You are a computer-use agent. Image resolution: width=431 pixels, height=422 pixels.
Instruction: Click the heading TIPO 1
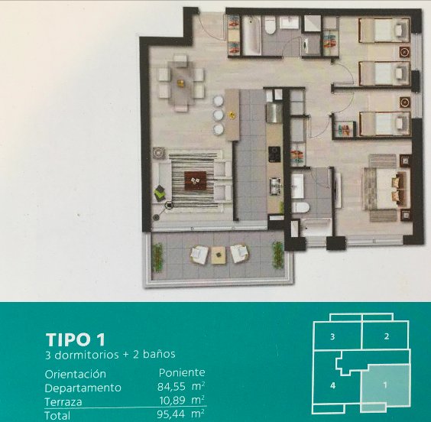pos(76,339)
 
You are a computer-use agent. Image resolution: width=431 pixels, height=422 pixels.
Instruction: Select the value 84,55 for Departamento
pos(170,387)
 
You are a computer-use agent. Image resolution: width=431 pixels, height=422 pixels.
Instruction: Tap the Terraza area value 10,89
pos(173,401)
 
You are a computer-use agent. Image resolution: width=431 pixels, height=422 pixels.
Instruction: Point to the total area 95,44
pos(170,414)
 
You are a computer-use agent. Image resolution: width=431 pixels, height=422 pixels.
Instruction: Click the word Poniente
pos(182,372)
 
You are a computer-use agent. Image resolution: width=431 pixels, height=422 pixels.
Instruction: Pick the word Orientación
pos(76,374)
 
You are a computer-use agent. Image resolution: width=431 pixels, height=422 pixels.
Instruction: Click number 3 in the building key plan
pos(332,336)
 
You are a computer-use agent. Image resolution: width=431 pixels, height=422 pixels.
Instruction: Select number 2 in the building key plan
pos(387,336)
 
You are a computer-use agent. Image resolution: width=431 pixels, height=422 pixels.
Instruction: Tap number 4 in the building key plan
pos(332,385)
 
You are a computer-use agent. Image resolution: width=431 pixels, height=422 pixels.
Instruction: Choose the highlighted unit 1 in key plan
pos(385,385)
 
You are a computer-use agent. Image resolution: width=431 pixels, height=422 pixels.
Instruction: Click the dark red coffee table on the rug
pos(195,180)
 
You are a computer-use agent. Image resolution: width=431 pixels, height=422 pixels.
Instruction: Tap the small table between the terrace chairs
pos(219,255)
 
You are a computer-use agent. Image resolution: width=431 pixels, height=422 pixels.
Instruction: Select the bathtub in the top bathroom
pos(251,34)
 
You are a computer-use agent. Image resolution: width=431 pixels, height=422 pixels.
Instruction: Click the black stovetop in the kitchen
pos(274,154)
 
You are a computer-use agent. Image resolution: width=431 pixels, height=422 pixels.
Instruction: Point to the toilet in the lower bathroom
pos(301,207)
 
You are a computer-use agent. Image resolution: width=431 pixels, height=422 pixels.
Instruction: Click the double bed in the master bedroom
pos(387,188)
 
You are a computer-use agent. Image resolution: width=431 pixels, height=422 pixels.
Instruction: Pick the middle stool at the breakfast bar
pos(219,115)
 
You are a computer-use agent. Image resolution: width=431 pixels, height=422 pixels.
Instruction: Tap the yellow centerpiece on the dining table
pos(180,82)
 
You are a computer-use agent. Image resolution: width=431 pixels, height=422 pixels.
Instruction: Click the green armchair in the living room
pos(160,193)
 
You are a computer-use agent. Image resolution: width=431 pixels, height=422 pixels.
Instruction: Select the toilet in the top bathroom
pos(271,25)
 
